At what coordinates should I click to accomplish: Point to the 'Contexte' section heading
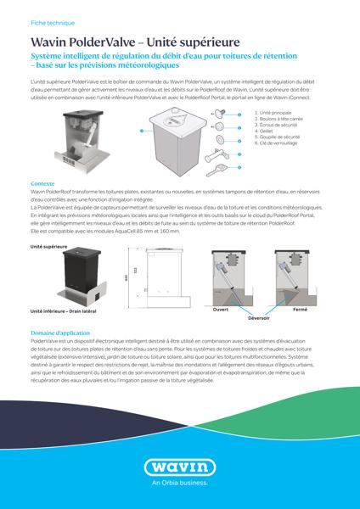click(42, 182)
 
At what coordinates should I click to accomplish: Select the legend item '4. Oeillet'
click(264, 130)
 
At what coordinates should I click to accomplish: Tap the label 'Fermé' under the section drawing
click(300, 310)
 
